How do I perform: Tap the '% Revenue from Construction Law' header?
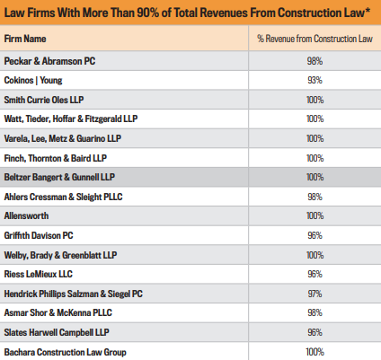[x=314, y=40]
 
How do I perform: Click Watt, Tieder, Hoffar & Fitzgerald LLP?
[x=81, y=117]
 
